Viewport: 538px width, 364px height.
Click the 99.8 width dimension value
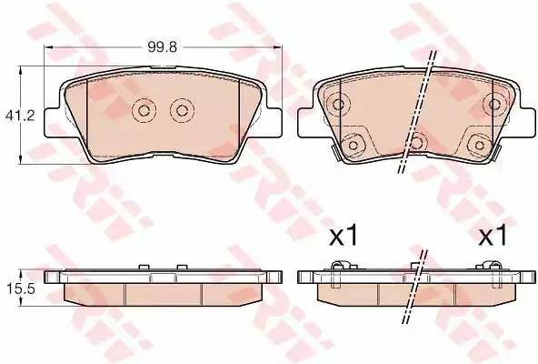(163, 46)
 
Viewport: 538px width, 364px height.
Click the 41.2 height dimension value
(20, 116)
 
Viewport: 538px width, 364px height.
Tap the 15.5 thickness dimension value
(21, 288)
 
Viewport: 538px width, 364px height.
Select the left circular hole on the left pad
(144, 110)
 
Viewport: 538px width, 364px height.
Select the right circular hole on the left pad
(182, 110)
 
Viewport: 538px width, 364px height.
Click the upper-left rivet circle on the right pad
(338, 104)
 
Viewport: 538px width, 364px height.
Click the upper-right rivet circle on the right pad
(494, 104)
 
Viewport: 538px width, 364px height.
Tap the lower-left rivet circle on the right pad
(353, 145)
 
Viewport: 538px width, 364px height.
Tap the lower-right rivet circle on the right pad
(479, 145)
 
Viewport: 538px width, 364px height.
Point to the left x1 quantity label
(344, 235)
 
